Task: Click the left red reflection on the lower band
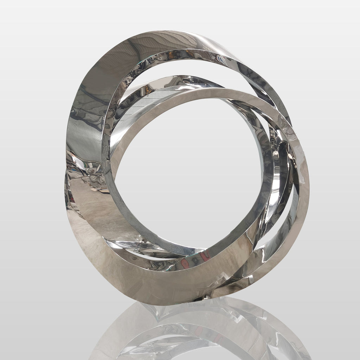click(184, 263)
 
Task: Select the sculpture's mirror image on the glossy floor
click(197, 330)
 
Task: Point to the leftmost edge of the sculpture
click(65, 183)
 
